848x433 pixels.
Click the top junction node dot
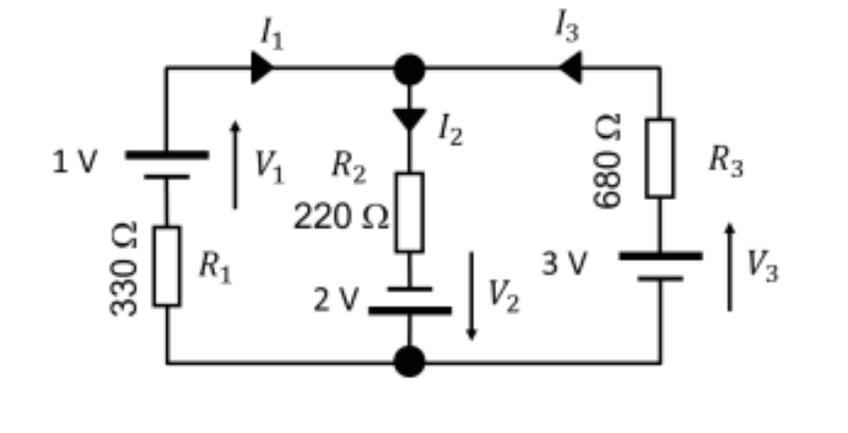tap(409, 69)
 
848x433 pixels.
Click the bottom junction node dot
tap(409, 361)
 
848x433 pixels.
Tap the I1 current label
tap(271, 32)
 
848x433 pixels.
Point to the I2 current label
tap(449, 127)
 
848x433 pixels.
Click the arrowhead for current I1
tap(262, 69)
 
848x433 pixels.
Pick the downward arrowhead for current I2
tap(409, 118)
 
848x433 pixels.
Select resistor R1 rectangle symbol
tap(166, 266)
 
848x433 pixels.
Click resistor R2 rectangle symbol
tap(409, 212)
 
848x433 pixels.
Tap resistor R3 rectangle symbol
tap(659, 157)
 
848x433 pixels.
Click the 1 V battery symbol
tap(166, 165)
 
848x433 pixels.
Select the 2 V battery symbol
tap(409, 300)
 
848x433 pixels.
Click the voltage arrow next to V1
tap(235, 164)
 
